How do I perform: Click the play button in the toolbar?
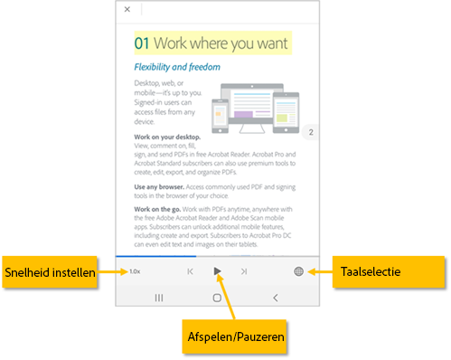click(217, 271)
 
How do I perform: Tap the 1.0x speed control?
click(135, 271)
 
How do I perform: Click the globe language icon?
click(299, 271)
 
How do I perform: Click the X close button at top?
click(127, 9)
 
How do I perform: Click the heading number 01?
click(142, 43)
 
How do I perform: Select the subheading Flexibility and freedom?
click(178, 67)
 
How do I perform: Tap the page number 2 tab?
click(311, 133)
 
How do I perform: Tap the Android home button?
click(217, 297)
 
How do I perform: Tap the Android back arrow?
click(276, 297)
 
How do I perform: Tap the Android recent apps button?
click(159, 297)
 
